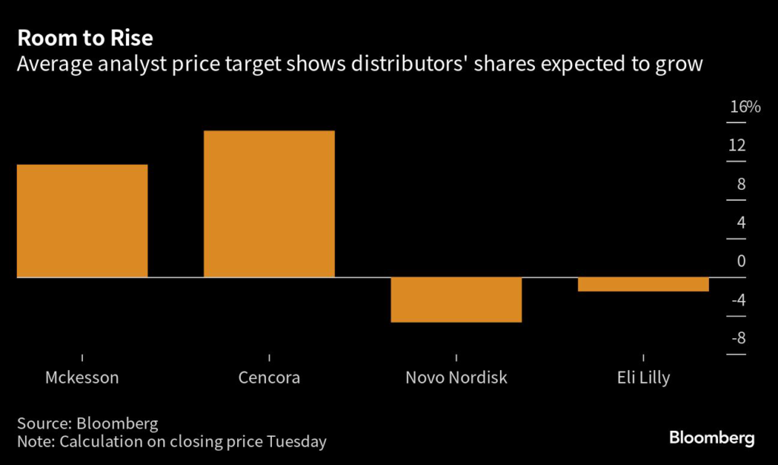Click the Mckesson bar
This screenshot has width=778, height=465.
[82, 220]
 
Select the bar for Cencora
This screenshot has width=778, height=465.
[269, 204]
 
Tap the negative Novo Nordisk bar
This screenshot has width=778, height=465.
[456, 300]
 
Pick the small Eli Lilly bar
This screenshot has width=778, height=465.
[643, 284]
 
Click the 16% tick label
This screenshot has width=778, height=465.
[745, 107]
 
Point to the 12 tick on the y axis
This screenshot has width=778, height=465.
[737, 146]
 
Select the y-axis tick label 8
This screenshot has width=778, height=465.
[741, 185]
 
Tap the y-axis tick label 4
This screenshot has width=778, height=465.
[741, 223]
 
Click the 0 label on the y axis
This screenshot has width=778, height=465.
[741, 261]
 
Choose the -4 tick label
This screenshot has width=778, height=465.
[738, 301]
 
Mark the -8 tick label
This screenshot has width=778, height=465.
[738, 339]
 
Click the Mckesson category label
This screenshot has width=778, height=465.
[82, 378]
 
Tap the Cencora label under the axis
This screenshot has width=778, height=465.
[269, 378]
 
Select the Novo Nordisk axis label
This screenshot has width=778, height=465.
[456, 378]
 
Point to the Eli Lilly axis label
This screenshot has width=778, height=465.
[643, 378]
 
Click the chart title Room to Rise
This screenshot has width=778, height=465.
[85, 38]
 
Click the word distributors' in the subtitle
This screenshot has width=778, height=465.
[401, 65]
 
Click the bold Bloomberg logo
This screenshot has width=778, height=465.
[712, 438]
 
